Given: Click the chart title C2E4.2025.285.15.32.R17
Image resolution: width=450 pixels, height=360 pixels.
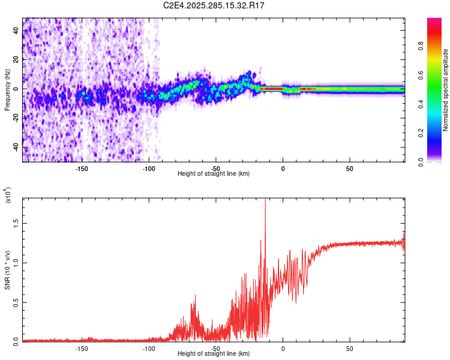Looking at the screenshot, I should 214,5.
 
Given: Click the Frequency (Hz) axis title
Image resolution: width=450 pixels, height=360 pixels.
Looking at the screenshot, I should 7,90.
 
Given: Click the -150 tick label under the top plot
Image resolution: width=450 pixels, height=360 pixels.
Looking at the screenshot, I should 82,169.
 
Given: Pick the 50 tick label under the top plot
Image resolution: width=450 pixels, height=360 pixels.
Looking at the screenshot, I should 349,169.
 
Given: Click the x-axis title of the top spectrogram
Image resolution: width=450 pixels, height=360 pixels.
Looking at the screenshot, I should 214,174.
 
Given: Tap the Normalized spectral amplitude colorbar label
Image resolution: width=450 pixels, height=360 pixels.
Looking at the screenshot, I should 446,90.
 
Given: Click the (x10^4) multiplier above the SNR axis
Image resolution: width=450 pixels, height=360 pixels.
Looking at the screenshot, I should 7,196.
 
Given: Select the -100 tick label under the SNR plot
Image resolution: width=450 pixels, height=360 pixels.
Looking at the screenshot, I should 149,348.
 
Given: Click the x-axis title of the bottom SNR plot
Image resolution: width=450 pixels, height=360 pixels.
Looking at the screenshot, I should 214,354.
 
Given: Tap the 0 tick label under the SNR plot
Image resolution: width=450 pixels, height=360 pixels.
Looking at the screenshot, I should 283,348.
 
